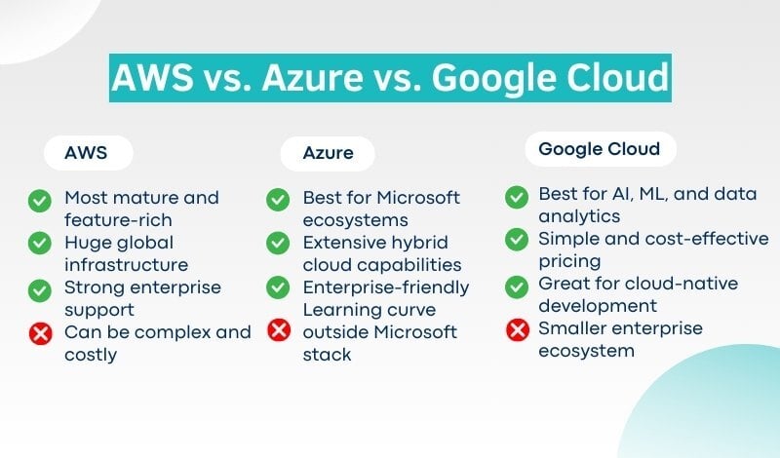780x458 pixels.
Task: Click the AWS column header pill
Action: pos(89,153)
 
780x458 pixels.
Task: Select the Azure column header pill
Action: pos(328,153)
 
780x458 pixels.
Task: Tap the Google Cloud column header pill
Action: pos(601,149)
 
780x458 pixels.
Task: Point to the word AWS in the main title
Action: pos(153,78)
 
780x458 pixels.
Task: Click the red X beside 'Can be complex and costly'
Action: pos(40,333)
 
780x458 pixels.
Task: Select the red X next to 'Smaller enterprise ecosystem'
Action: pos(518,329)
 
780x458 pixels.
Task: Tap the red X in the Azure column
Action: pos(279,329)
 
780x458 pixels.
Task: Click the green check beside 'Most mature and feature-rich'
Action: pos(40,201)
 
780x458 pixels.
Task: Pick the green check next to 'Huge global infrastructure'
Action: pos(40,244)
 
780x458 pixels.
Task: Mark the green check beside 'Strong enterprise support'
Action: pos(40,290)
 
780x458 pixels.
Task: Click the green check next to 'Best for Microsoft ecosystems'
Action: pos(278,200)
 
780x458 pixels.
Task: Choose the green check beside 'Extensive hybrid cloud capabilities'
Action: pos(278,244)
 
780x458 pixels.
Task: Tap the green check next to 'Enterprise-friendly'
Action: pos(278,287)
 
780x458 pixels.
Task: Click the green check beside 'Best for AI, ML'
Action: pos(517,197)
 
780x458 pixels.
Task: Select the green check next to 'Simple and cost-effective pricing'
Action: pos(517,240)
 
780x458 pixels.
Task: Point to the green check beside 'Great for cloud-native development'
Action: pos(517,286)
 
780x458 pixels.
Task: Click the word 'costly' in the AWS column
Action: pos(91,355)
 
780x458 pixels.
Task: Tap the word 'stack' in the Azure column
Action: pos(327,355)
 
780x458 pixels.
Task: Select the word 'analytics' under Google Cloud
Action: pos(579,216)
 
